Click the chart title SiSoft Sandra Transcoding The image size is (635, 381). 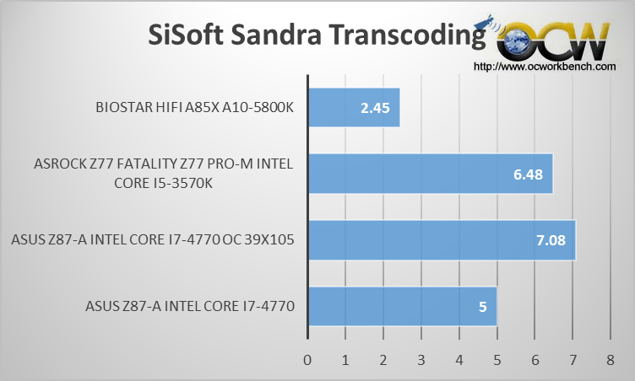(x=317, y=35)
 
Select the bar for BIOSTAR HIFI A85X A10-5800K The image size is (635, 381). (x=355, y=108)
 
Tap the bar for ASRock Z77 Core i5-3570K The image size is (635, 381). (x=431, y=174)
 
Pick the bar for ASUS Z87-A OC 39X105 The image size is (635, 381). (x=442, y=240)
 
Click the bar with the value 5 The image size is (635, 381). (x=403, y=307)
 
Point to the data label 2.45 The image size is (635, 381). (x=375, y=108)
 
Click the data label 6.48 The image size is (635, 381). (x=528, y=174)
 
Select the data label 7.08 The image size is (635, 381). (x=551, y=240)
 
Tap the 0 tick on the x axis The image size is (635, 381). (x=307, y=360)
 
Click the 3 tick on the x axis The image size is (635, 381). (x=421, y=360)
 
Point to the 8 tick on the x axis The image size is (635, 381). (x=611, y=360)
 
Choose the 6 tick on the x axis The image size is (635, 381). (x=535, y=360)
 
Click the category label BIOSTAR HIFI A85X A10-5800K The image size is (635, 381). (x=194, y=108)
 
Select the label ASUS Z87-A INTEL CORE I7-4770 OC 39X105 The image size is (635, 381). (x=153, y=240)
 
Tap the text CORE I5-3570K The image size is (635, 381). (x=163, y=183)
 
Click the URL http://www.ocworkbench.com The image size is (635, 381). (x=545, y=67)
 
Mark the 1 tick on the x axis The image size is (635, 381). (x=345, y=360)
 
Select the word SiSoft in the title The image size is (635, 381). (x=186, y=35)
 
